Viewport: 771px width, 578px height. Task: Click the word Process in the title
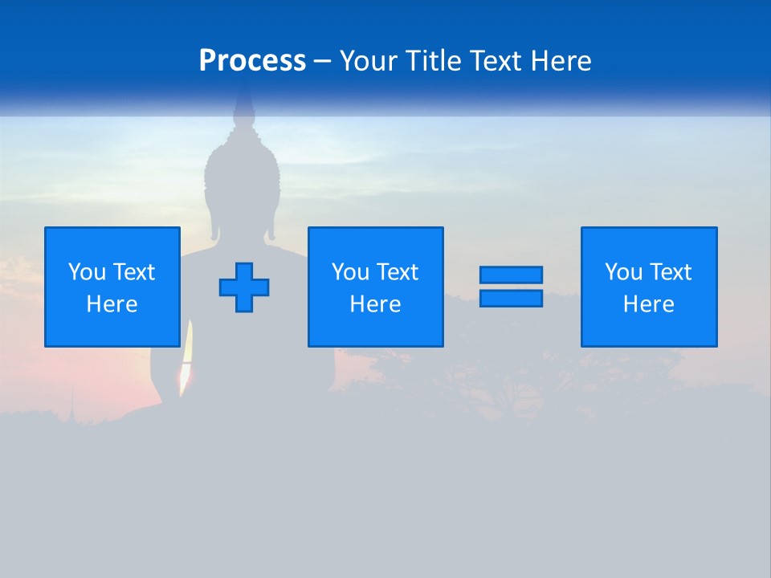(252, 61)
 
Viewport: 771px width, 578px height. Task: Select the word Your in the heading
(366, 61)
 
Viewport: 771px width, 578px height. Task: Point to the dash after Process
(322, 62)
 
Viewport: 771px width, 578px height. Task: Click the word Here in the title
(561, 61)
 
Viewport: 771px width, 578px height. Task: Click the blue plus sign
(244, 287)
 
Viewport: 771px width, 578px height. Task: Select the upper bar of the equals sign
(511, 275)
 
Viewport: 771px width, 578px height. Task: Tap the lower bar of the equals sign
(511, 298)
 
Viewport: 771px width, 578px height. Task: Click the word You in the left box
(87, 272)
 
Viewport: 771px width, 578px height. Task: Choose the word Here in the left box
(112, 304)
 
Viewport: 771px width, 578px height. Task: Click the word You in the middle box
(350, 272)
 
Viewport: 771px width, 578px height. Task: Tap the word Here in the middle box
(375, 304)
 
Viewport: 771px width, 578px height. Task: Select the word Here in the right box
(648, 304)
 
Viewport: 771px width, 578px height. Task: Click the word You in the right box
(623, 272)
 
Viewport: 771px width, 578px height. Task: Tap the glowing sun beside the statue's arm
(186, 365)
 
